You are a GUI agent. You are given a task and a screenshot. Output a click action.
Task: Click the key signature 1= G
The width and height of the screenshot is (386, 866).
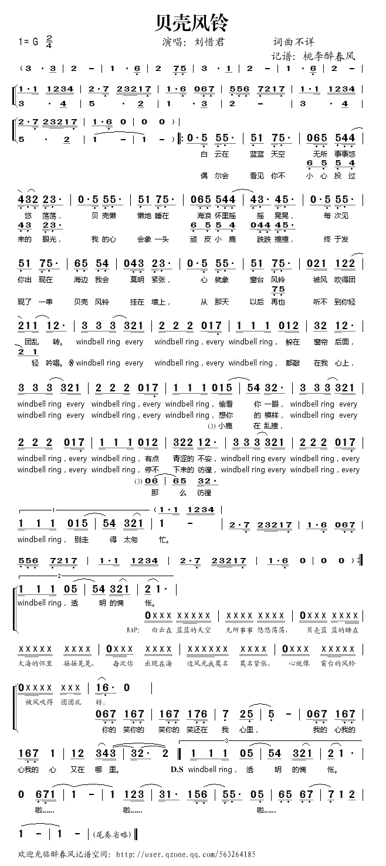click(28, 42)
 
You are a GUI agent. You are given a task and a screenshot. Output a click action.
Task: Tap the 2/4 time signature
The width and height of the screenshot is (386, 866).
click(49, 42)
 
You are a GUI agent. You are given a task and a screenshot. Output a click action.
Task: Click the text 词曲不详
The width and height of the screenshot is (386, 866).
click(293, 42)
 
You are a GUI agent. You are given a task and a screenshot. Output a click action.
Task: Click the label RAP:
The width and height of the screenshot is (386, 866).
click(134, 630)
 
